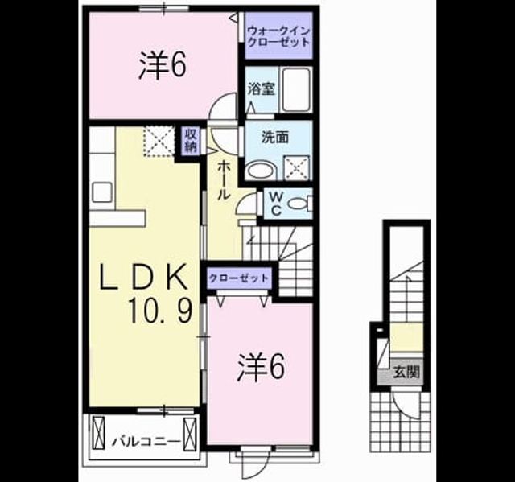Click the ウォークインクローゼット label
pyautogui.click(x=279, y=36)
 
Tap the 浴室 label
pyautogui.click(x=262, y=89)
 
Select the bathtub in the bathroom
pyautogui.click(x=297, y=89)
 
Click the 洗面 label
pyautogui.click(x=275, y=138)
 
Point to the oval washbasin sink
pyautogui.click(x=262, y=170)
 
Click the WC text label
pyautogui.click(x=277, y=204)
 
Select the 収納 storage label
pyautogui.click(x=192, y=140)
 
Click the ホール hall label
pyautogui.click(x=224, y=180)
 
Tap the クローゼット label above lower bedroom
pyautogui.click(x=239, y=278)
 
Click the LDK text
pyautogui.click(x=144, y=277)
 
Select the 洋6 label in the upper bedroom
pyautogui.click(x=163, y=66)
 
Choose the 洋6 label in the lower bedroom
pyautogui.click(x=260, y=367)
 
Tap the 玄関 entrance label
pyautogui.click(x=407, y=373)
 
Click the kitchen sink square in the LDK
pyautogui.click(x=102, y=192)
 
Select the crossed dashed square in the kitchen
pyautogui.click(x=159, y=141)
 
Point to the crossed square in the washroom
pyautogui.click(x=297, y=168)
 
